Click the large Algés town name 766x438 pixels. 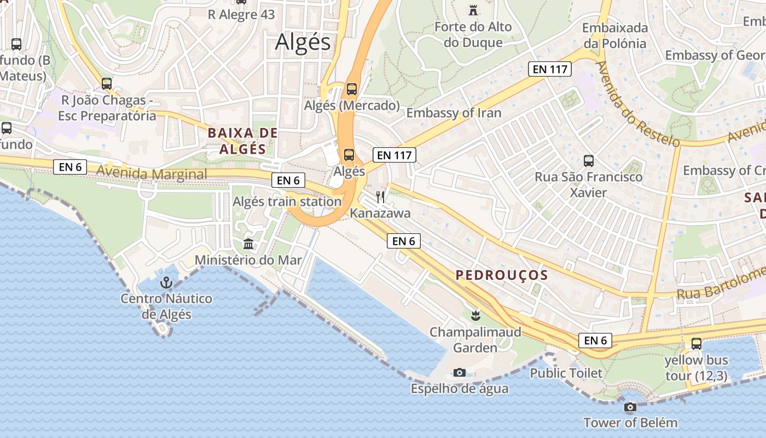point(303,42)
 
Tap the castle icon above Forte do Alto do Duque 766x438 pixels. point(473,9)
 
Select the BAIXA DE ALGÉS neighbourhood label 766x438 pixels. point(242,141)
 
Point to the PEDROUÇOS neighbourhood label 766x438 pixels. point(502,275)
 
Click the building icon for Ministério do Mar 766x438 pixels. point(248,244)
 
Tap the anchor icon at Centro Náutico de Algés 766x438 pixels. point(166,283)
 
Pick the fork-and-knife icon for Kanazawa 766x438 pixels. point(380,197)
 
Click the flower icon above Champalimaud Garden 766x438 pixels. point(475,315)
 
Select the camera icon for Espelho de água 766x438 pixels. point(460,373)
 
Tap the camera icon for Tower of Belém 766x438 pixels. point(630,407)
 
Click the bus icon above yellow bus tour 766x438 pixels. point(696,344)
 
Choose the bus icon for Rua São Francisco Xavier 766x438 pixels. point(589,161)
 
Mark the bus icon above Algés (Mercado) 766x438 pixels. point(352,89)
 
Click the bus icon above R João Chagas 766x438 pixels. point(107,84)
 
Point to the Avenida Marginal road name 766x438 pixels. point(152,174)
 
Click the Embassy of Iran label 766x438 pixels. point(454,113)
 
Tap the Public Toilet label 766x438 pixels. point(566,373)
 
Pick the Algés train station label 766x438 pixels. point(287,201)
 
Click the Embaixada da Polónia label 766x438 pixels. point(615,36)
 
